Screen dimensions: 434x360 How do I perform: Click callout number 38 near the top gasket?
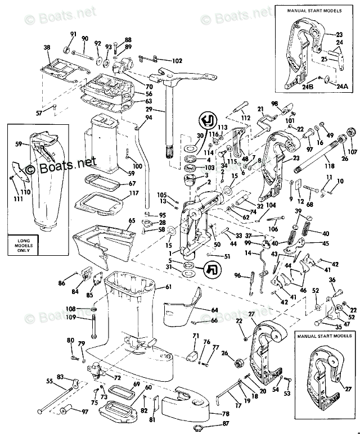pyautogui.click(x=47, y=48)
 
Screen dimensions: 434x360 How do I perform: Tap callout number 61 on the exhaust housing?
pyautogui.click(x=168, y=287)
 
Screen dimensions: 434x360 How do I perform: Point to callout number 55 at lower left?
pyautogui.click(x=49, y=382)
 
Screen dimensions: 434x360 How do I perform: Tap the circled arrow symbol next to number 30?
pyautogui.click(x=207, y=120)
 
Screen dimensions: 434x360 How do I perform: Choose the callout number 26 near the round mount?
pyautogui.click(x=224, y=353)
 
